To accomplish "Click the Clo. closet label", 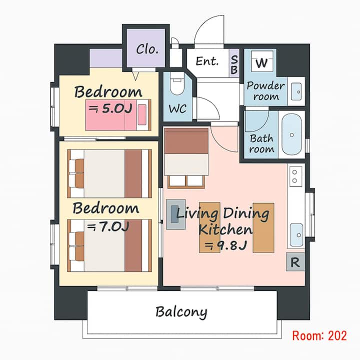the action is tap(147, 49).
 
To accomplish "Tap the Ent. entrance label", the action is tap(207, 61).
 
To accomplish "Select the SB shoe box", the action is tap(234, 63).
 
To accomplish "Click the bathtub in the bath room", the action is tap(291, 134).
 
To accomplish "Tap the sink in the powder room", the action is tap(296, 91).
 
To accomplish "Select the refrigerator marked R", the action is tap(295, 262).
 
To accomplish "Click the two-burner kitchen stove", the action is tap(295, 176).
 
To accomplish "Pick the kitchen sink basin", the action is tap(296, 234).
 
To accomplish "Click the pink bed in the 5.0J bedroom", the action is tap(118, 115).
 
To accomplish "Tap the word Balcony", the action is tap(181, 312).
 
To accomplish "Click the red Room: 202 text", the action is tap(319, 335).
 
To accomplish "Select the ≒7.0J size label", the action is tap(108, 227).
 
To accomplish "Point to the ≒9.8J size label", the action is tap(225, 245).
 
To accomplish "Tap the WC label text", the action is tap(177, 109).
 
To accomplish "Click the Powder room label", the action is tap(265, 91).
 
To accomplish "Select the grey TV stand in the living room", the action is tap(175, 214).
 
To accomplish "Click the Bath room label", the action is tap(261, 143).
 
